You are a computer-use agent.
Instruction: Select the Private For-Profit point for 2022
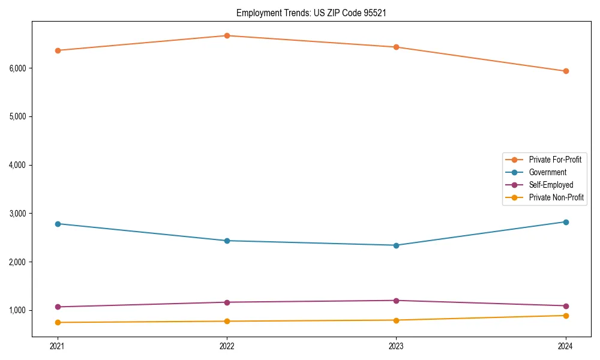coord(227,35)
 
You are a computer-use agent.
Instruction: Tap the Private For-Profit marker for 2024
coord(566,71)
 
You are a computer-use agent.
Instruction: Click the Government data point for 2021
coord(58,224)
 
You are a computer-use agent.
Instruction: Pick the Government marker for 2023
coord(396,245)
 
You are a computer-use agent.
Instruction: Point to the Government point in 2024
coord(566,222)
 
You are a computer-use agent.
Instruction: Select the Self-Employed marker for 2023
coord(396,301)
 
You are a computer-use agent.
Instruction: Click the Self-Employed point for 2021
coord(58,307)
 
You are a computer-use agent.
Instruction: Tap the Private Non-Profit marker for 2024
coord(566,316)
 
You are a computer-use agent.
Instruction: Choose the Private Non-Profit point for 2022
coord(227,321)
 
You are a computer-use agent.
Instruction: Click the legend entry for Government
coord(547,172)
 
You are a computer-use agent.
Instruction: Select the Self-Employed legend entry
coord(551,185)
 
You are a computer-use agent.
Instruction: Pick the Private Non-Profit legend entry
coord(556,197)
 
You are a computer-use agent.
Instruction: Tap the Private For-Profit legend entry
coord(555,160)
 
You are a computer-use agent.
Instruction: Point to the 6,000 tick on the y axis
coord(18,68)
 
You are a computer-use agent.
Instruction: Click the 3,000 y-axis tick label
coord(18,214)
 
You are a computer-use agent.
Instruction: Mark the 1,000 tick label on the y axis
coord(18,310)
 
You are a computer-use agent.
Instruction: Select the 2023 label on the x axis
coord(396,346)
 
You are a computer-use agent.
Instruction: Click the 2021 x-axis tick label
coord(58,346)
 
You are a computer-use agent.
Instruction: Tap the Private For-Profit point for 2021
coord(58,50)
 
